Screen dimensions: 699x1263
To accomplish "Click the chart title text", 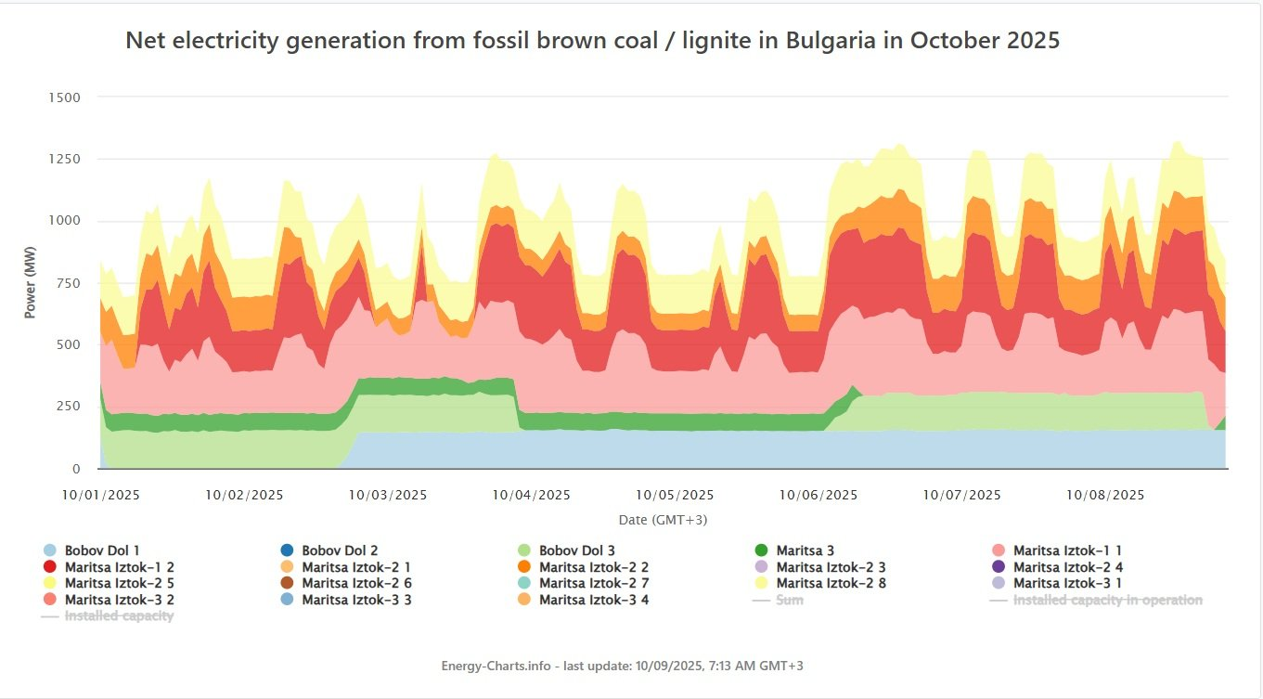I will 592,41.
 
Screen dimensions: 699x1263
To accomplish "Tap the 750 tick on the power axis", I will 66,283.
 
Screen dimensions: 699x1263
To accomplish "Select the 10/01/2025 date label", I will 100,495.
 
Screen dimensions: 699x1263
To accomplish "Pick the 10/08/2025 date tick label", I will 1105,495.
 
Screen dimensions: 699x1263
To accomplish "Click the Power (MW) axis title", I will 30,282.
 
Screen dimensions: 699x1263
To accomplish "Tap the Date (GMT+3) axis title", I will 663,519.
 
